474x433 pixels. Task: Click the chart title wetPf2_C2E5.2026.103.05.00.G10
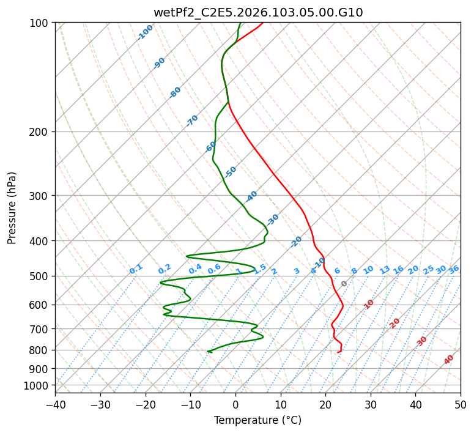click(x=257, y=12)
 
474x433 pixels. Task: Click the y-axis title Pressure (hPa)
click(x=12, y=208)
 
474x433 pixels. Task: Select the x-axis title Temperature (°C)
click(x=257, y=420)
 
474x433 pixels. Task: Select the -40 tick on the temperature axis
click(x=55, y=404)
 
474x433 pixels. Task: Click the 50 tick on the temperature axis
click(x=461, y=404)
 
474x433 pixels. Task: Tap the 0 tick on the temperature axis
click(x=235, y=404)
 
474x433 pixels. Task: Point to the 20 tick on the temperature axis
click(x=325, y=404)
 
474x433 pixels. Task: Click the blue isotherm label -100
click(x=145, y=32)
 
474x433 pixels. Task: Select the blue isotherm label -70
click(x=192, y=120)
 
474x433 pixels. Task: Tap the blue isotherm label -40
click(x=251, y=197)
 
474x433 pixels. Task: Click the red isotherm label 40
click(x=449, y=360)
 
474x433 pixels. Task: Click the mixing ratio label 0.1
click(x=136, y=268)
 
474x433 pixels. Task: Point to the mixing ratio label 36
click(x=454, y=269)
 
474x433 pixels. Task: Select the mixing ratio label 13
click(x=385, y=270)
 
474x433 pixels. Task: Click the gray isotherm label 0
click(x=344, y=284)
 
